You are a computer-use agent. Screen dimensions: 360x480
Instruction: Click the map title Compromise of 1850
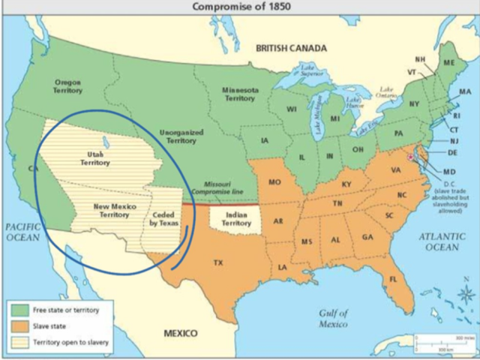(241, 7)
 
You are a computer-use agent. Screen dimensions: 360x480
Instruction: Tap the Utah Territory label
(95, 158)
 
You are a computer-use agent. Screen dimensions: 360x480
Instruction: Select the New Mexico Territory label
(110, 209)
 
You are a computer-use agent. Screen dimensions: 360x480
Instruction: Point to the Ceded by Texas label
(167, 218)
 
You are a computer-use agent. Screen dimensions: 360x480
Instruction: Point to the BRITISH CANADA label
(291, 48)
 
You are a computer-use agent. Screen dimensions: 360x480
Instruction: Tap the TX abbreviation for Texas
(219, 263)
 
